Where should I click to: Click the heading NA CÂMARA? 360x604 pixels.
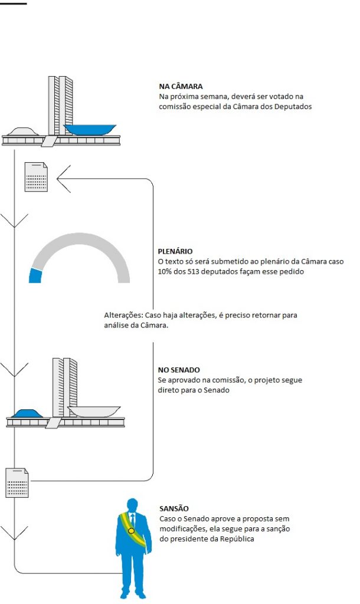click(x=181, y=86)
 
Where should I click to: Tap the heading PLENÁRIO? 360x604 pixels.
click(x=175, y=251)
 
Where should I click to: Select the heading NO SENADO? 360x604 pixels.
click(x=179, y=370)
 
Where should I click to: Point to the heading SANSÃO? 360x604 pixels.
click(x=174, y=508)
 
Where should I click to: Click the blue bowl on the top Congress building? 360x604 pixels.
click(x=90, y=129)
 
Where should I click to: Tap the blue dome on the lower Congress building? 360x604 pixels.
click(x=27, y=413)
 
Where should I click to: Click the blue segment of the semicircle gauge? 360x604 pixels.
click(x=35, y=276)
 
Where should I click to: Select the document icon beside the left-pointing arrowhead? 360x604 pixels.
click(x=36, y=177)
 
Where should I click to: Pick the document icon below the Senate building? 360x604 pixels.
click(x=17, y=482)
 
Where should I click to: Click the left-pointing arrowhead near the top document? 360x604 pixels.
click(x=63, y=179)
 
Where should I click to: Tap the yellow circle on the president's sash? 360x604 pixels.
click(x=131, y=531)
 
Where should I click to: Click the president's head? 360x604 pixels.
click(x=132, y=505)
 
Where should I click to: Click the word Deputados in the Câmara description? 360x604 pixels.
click(x=293, y=106)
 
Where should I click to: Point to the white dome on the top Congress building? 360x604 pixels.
click(x=24, y=132)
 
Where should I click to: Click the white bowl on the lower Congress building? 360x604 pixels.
click(x=94, y=411)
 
